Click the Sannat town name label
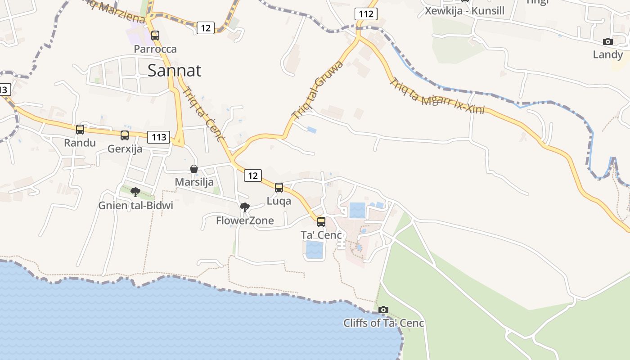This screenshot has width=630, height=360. (174, 71)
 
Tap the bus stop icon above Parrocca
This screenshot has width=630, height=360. (155, 35)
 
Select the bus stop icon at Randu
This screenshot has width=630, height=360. (80, 130)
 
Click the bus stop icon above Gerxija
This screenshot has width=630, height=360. (125, 135)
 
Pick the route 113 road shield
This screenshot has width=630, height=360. (159, 137)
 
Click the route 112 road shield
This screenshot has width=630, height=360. (366, 14)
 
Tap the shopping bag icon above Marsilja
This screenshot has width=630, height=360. (194, 169)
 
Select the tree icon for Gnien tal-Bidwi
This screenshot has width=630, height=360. (135, 192)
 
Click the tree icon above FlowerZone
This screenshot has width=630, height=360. (245, 207)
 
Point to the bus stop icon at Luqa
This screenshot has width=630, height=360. (279, 188)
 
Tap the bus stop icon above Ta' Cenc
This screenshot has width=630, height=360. (321, 221)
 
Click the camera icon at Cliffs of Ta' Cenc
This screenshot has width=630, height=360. (383, 310)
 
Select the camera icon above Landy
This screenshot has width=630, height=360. (608, 41)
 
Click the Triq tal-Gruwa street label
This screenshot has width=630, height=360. (318, 90)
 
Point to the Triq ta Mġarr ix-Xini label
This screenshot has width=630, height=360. (436, 97)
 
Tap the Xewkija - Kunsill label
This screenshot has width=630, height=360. (464, 11)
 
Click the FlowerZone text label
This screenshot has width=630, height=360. (245, 220)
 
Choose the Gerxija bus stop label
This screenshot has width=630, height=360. (125, 149)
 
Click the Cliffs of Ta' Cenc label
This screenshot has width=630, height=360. (383, 323)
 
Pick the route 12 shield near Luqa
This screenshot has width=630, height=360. (253, 175)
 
